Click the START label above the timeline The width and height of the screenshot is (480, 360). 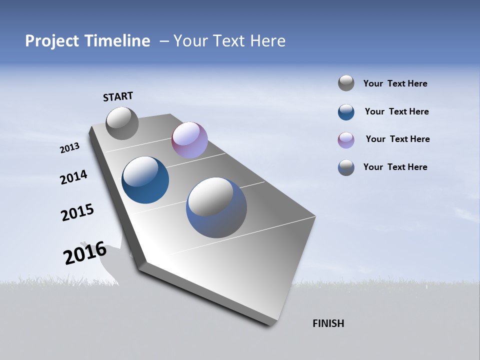(x=118, y=96)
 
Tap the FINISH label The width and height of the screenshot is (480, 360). (x=328, y=323)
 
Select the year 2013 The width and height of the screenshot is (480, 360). (x=70, y=148)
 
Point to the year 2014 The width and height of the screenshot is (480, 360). (x=73, y=177)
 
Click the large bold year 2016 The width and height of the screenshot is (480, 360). (x=85, y=252)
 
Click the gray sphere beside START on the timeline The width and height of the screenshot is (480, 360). (x=122, y=123)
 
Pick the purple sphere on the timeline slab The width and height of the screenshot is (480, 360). (x=189, y=140)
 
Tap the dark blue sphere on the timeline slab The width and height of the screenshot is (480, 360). (x=145, y=180)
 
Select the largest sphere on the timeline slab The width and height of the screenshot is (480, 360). (x=216, y=207)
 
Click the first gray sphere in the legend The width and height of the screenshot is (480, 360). (x=346, y=83)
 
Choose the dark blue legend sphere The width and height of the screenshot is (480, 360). (x=346, y=112)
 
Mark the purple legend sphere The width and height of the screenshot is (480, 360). (x=346, y=140)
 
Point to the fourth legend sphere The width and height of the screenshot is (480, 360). (x=346, y=167)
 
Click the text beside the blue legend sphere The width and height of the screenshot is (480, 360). (x=396, y=111)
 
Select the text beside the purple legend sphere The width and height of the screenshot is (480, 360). (x=397, y=139)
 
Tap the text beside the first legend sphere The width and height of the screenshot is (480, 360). (x=395, y=83)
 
